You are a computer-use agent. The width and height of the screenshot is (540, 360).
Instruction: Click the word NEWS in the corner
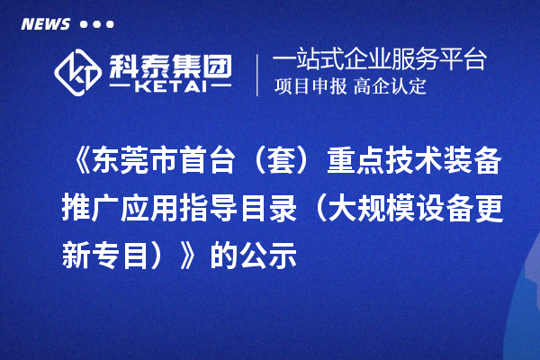(x=44, y=22)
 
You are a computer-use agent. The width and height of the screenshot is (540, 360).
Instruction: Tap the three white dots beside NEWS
(x=96, y=23)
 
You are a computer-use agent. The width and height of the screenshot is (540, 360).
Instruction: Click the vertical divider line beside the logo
(x=258, y=73)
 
